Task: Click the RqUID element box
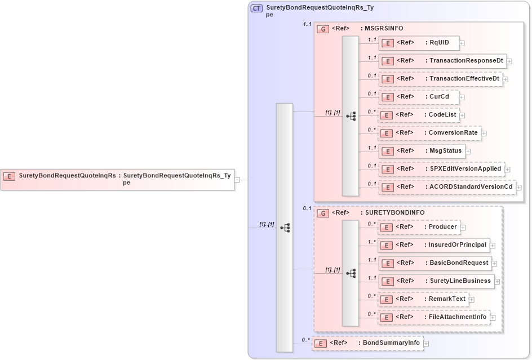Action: pos(418,42)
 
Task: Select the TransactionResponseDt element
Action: pos(442,60)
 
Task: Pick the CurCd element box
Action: pos(418,97)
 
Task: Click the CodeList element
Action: pos(419,115)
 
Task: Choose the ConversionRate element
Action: pos(429,133)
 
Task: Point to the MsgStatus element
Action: pos(422,151)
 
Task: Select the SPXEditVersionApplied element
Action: pos(441,169)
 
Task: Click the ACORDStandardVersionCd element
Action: pos(447,187)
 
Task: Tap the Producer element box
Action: pos(419,227)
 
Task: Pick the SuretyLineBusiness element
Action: pos(436,281)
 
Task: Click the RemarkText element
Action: pos(423,299)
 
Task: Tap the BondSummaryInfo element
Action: pos(367,343)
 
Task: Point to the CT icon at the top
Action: pos(256,8)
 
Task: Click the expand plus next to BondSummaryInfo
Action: pos(427,343)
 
